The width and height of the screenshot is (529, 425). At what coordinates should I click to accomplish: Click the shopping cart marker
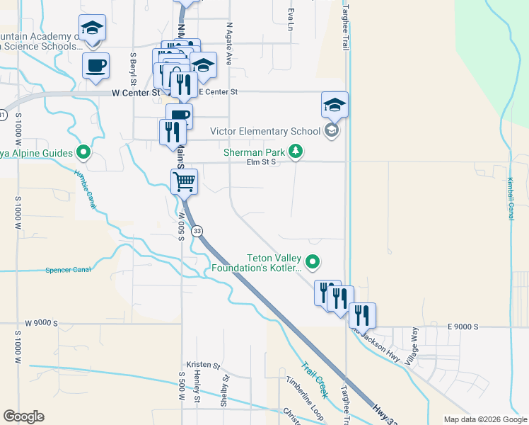point(184,181)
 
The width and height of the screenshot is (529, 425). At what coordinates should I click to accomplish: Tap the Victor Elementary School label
point(265,131)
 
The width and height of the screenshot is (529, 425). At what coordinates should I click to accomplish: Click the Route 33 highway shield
point(197,231)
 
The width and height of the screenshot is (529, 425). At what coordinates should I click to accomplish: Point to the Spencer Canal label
point(69,270)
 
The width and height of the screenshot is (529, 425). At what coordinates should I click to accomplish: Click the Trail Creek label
point(315,380)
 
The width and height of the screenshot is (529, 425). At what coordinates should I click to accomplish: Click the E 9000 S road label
point(463,326)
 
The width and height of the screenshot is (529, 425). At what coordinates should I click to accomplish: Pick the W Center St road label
point(136,92)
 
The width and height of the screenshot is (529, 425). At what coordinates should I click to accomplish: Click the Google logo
point(23,416)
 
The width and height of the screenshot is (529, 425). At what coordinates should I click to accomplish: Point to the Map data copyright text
point(484,419)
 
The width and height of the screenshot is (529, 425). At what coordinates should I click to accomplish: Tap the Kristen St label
point(203,368)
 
